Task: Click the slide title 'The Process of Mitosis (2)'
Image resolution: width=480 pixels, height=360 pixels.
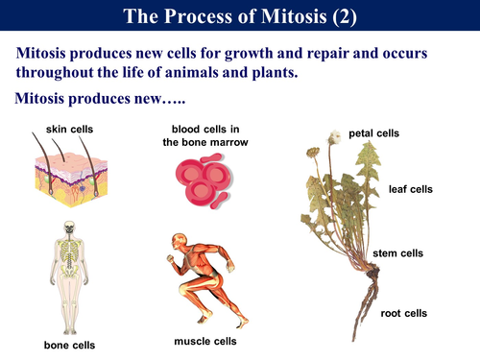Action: [x=240, y=17]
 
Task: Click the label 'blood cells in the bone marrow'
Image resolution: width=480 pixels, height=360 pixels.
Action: [x=209, y=135]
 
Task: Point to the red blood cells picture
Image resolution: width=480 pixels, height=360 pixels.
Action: [x=204, y=181]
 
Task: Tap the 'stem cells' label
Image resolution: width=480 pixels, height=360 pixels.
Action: [x=398, y=253]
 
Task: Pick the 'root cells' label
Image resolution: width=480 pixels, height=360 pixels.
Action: [x=402, y=313]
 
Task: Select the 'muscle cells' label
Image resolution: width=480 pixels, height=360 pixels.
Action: [x=204, y=340]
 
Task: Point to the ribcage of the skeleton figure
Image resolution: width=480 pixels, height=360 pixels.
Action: [x=68, y=252]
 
